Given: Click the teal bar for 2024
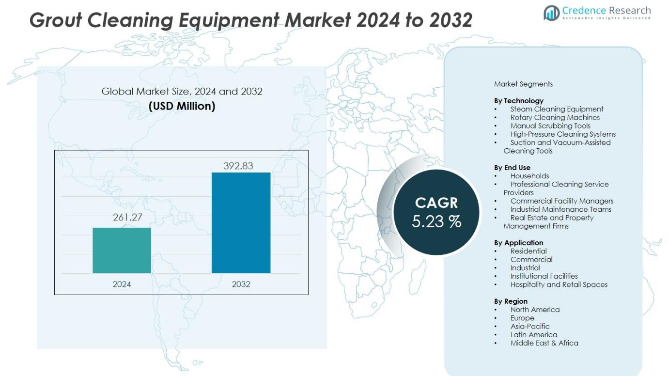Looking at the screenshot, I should [122, 250].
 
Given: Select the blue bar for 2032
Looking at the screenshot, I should [241, 222].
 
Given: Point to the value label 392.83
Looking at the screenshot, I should [238, 166].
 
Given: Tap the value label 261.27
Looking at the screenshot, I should [127, 217].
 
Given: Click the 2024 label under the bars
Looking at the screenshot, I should [122, 284].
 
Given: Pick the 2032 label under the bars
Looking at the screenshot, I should [241, 284].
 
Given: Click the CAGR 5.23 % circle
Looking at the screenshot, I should [436, 212].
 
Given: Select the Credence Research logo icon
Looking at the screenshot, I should [551, 13].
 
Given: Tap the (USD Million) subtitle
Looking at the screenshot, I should [182, 106].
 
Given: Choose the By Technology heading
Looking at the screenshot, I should [519, 101].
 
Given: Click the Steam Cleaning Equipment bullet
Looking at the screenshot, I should [557, 109].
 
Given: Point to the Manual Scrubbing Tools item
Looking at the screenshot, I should [550, 125].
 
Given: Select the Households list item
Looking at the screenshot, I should [529, 176].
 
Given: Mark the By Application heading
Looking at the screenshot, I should [519, 243].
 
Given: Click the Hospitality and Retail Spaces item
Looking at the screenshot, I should [559, 284].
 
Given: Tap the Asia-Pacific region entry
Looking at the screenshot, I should [530, 326].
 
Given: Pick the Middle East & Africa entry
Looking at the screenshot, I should [544, 343].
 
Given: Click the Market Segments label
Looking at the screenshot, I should [523, 84].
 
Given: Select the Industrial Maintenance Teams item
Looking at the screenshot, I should [560, 209].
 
